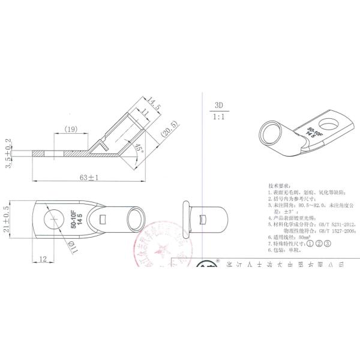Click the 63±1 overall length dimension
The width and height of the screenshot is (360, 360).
[88, 178]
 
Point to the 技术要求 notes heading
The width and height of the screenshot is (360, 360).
[280, 187]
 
